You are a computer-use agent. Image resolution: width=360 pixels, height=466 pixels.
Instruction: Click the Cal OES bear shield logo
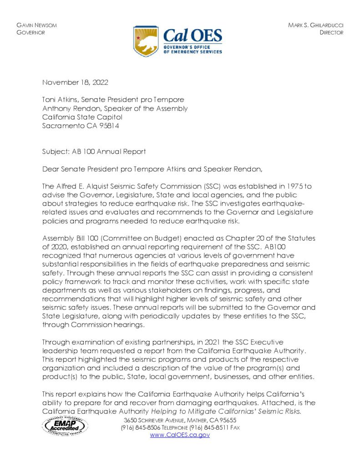tap(145, 41)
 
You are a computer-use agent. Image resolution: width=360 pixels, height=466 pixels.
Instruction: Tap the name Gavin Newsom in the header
tap(36, 25)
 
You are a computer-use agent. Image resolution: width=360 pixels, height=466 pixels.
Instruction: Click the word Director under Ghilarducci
tap(331, 33)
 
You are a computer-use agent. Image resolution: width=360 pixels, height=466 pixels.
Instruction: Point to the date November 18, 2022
tap(75, 82)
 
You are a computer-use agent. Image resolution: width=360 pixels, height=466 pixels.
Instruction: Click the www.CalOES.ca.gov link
tap(180, 435)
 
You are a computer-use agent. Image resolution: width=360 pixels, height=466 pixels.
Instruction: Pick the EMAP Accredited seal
tap(65, 426)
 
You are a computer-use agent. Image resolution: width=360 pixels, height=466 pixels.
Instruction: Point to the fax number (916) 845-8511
tap(207, 427)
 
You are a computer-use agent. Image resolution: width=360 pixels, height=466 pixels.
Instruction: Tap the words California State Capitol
tap(82, 117)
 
